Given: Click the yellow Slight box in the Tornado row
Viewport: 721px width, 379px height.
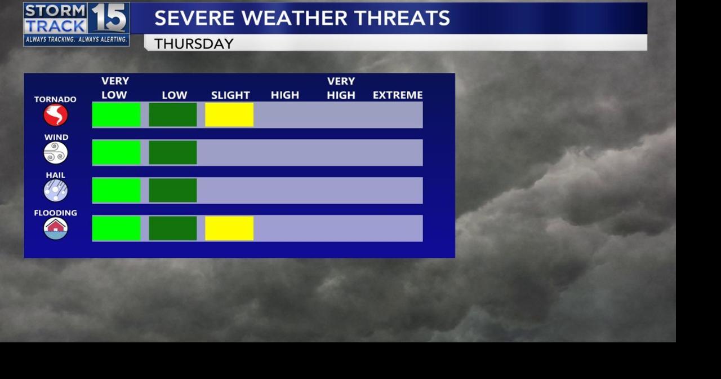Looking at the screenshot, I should (x=229, y=114).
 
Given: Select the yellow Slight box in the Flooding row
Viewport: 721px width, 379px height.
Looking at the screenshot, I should (x=229, y=228).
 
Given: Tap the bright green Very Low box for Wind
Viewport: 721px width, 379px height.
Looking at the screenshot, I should (x=117, y=153).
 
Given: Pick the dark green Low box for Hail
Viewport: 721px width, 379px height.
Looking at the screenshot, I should (x=173, y=191).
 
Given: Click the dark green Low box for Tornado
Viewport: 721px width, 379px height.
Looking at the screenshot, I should (x=173, y=114).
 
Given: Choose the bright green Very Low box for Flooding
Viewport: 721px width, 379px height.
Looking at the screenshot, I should (x=117, y=228).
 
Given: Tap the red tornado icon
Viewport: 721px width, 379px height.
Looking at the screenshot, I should (x=56, y=116).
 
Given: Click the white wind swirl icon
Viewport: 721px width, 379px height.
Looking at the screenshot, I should (x=56, y=153).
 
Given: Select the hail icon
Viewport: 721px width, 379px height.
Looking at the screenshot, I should (x=56, y=191).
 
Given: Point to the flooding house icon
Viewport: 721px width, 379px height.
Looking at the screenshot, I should (x=56, y=228).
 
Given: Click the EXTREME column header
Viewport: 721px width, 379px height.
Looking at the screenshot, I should (x=398, y=95).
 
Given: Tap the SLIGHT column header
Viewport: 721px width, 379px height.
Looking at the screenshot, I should (x=230, y=95).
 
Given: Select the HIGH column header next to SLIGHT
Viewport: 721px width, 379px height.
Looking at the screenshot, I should (x=285, y=95).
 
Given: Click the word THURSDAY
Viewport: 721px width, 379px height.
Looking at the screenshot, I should (x=194, y=44).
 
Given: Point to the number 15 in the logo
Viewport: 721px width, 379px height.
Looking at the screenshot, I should (x=109, y=18).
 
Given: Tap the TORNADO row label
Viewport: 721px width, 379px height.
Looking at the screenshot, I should (x=55, y=99).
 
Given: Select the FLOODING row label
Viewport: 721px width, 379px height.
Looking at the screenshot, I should (x=55, y=213).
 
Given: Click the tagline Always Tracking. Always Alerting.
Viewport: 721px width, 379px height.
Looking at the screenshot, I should (x=77, y=39).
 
